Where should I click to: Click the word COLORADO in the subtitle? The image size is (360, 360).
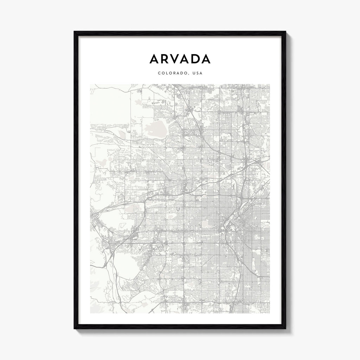coord(171,73)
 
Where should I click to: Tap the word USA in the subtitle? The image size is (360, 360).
coord(197,73)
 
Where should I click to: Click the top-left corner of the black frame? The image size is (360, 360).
coord(75,32)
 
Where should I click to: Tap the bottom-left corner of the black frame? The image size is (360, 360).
coord(75,328)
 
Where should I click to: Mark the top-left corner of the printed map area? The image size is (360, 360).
coord(90,84)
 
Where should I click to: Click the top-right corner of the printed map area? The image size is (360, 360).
coord(270,84)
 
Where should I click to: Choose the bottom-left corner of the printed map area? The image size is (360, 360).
coord(90,313)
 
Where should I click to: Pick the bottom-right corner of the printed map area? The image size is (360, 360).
coord(270,313)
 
